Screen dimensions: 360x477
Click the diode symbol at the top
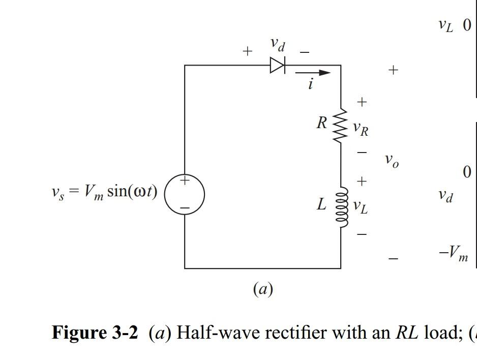(x=278, y=65)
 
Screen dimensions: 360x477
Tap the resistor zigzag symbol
(x=340, y=125)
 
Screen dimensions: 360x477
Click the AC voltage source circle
(x=185, y=193)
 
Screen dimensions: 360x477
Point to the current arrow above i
(x=313, y=73)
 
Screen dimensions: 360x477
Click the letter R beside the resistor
(x=321, y=123)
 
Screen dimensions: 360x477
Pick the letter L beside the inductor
(x=321, y=204)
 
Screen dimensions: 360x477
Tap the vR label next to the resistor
(x=361, y=130)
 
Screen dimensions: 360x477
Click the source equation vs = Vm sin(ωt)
(x=104, y=192)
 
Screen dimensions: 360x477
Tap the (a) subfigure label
(x=263, y=289)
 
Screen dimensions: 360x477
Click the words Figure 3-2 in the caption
(x=95, y=333)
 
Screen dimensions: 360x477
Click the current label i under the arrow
(x=310, y=84)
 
